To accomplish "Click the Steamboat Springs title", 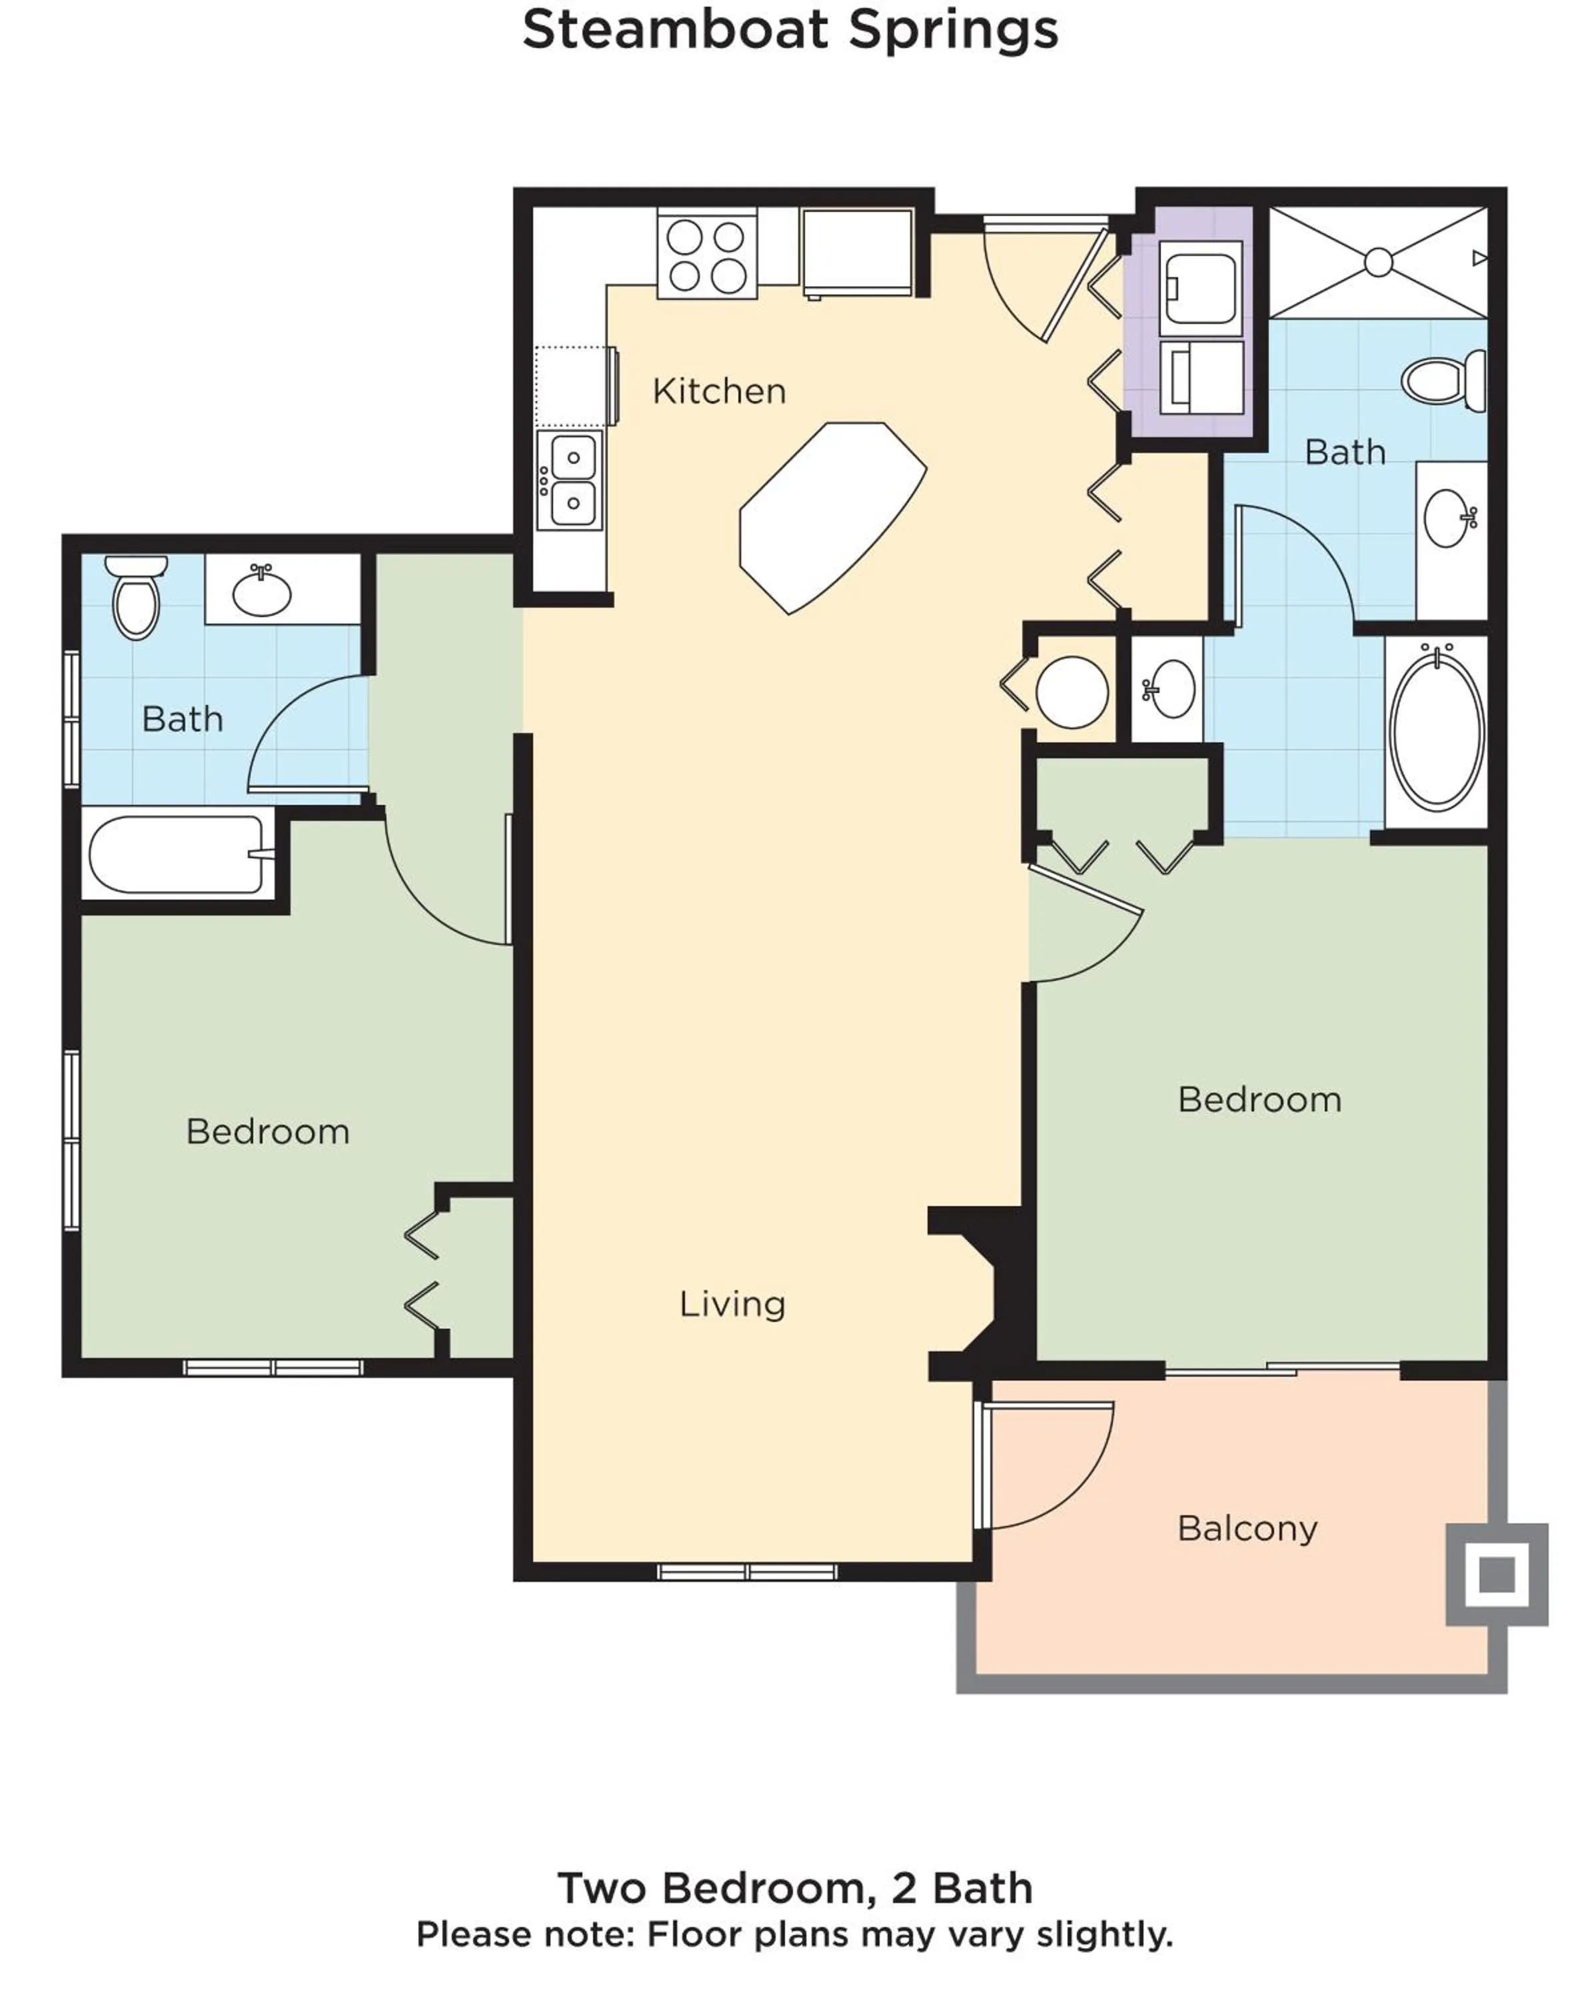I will (790, 30).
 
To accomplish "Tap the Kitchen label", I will (718, 391).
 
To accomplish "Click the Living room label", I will (732, 1303).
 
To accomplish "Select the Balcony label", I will (1246, 1528).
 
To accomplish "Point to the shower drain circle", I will (1377, 263).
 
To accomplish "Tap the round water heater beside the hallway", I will (1071, 692).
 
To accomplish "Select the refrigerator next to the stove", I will (857, 251).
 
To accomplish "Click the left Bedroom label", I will (267, 1131).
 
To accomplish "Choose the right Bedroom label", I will (1259, 1099).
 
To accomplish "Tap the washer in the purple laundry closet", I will (1199, 287).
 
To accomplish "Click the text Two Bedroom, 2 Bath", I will (794, 1888).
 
